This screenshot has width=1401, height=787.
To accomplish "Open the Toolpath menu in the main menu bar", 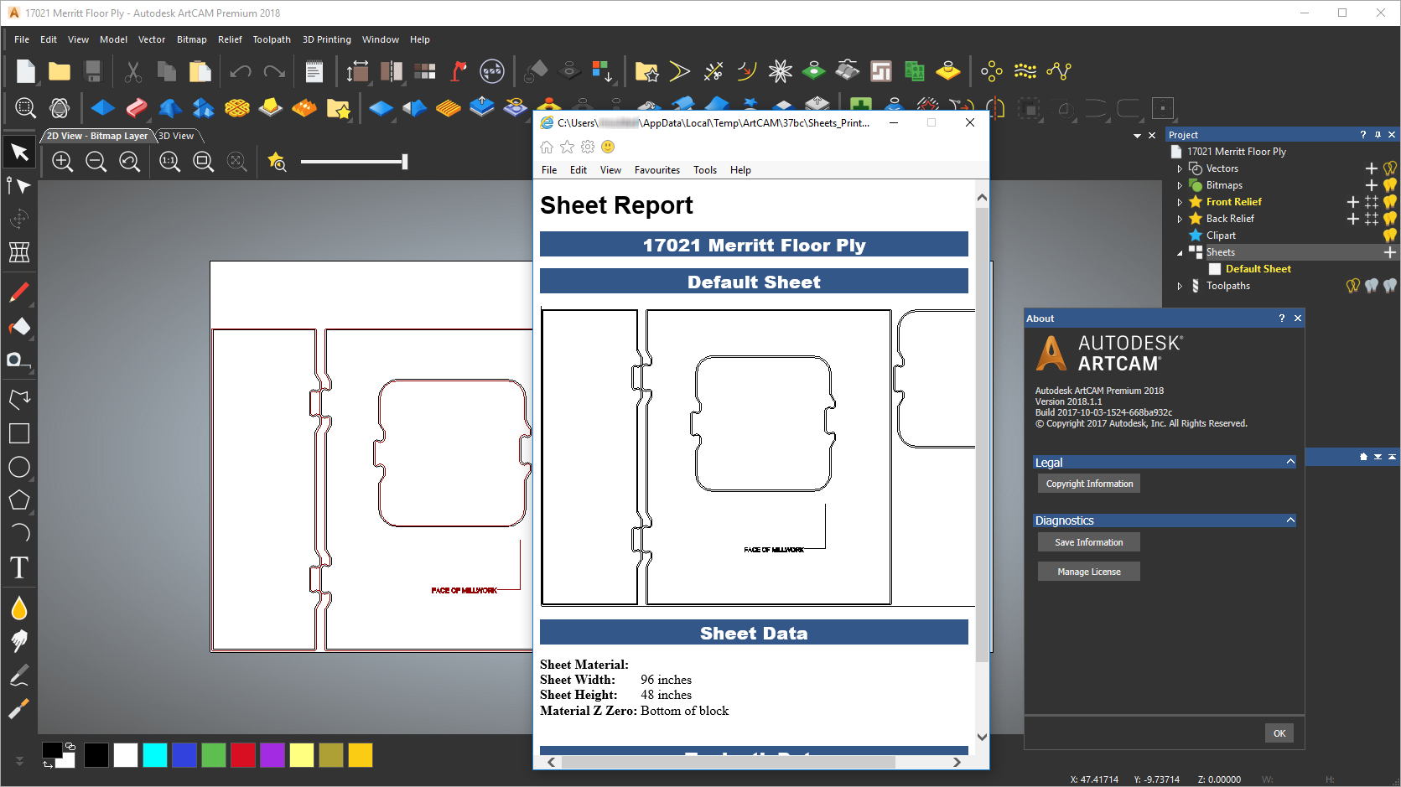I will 272,39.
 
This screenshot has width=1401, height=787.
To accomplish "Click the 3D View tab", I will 176,136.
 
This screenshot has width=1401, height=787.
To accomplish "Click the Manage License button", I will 1088,572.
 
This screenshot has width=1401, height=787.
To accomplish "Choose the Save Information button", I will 1088,542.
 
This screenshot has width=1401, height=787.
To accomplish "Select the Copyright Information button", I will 1088,484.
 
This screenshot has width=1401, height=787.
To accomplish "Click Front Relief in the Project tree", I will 1233,202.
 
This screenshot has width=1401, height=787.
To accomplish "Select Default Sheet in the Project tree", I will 1258,269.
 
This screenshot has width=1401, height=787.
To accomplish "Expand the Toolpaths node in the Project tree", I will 1180,287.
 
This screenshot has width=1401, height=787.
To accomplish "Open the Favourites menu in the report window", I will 656,170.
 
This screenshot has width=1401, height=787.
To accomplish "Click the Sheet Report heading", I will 616,205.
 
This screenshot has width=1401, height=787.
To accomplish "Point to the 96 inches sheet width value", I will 666,680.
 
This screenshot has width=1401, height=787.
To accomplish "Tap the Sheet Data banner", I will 754,633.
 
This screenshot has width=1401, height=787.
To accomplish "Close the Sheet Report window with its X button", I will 970,122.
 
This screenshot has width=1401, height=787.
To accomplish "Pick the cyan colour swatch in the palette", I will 155,755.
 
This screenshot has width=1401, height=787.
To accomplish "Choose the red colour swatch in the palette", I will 243,755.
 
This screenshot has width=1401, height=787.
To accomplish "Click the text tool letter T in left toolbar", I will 19,567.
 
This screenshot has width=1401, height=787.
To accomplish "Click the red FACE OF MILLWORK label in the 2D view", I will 464,591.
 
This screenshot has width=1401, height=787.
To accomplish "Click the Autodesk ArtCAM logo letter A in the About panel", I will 1051,354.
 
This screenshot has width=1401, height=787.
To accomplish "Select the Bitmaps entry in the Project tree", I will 1224,185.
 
